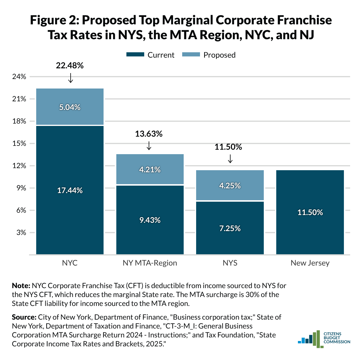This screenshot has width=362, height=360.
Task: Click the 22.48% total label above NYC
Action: [69, 66]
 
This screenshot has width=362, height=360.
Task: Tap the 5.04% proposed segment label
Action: [70, 107]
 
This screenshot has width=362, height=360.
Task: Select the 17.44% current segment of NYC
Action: [70, 190]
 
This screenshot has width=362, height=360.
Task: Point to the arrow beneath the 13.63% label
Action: [149, 146]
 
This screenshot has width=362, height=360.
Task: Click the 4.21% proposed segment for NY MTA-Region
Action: [150, 169]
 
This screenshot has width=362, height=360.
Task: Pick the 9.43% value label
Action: [150, 220]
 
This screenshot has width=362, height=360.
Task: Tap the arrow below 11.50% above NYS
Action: [230, 159]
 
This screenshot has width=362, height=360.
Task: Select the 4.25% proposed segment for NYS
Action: [230, 185]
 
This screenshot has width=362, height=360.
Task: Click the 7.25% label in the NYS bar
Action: [230, 228]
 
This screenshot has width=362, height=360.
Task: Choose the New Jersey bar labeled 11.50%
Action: [310, 212]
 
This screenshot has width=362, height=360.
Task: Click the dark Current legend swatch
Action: [135, 55]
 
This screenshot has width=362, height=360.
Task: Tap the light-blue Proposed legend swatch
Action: [191, 55]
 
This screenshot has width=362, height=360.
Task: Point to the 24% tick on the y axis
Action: [19, 77]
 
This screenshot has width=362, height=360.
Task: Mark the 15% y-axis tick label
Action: [19, 143]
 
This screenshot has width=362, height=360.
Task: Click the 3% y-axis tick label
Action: [21, 233]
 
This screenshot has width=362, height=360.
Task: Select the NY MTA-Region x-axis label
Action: [150, 263]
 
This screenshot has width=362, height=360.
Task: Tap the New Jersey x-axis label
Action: [310, 263]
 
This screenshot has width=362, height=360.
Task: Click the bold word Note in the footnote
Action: [21, 286]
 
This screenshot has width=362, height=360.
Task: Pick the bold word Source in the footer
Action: [24, 317]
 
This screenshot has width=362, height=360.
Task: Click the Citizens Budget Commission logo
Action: [324, 339]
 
